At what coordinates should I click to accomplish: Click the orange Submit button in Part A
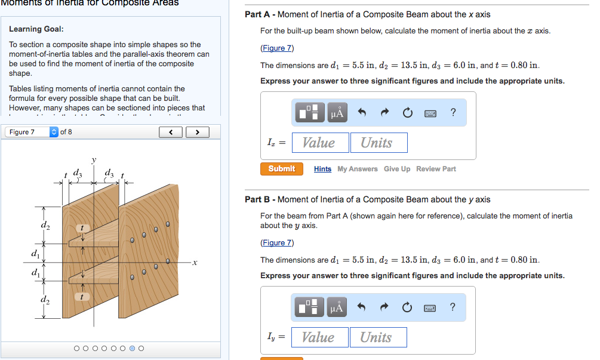click(x=282, y=169)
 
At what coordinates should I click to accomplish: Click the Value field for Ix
click(x=318, y=143)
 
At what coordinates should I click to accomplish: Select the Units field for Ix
click(x=376, y=143)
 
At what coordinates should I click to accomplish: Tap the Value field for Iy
click(x=318, y=337)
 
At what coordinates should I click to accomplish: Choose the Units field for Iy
click(x=376, y=337)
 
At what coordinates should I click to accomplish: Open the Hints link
click(x=322, y=169)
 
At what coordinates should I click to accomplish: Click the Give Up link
click(x=397, y=169)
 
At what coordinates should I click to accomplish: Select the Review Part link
click(x=436, y=169)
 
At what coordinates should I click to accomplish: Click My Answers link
click(x=358, y=169)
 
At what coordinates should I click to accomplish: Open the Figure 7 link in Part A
click(x=277, y=48)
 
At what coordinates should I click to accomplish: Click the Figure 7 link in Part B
click(x=277, y=242)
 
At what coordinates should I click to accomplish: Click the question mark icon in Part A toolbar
click(x=453, y=112)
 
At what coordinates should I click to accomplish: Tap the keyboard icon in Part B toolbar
click(x=430, y=307)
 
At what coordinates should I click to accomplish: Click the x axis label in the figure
click(x=195, y=263)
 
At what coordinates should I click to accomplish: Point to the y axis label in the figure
click(x=93, y=160)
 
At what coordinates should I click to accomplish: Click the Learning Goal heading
click(x=36, y=29)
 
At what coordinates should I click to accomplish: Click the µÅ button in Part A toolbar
click(x=337, y=112)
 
